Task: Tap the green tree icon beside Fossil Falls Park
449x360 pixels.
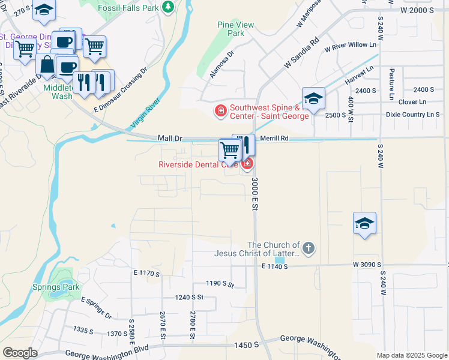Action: coord(170,7)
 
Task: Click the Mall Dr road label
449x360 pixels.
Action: coord(170,138)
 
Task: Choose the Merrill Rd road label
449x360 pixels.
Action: coord(275,138)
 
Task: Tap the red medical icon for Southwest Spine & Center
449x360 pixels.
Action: coord(220,110)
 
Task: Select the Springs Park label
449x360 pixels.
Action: coord(56,287)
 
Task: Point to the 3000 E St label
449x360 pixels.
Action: coord(255,193)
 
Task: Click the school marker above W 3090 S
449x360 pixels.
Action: coord(364,224)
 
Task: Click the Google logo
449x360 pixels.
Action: coord(20,352)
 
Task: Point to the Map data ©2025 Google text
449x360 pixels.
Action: coord(411,355)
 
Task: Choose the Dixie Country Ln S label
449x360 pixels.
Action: coord(412,115)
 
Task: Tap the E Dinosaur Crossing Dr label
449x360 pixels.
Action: coord(120,90)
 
